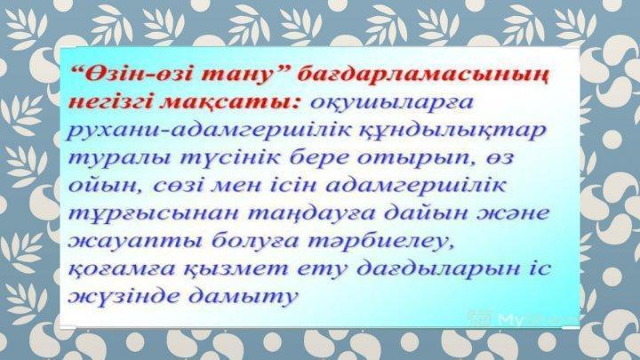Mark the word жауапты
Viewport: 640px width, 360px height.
point(135,242)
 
